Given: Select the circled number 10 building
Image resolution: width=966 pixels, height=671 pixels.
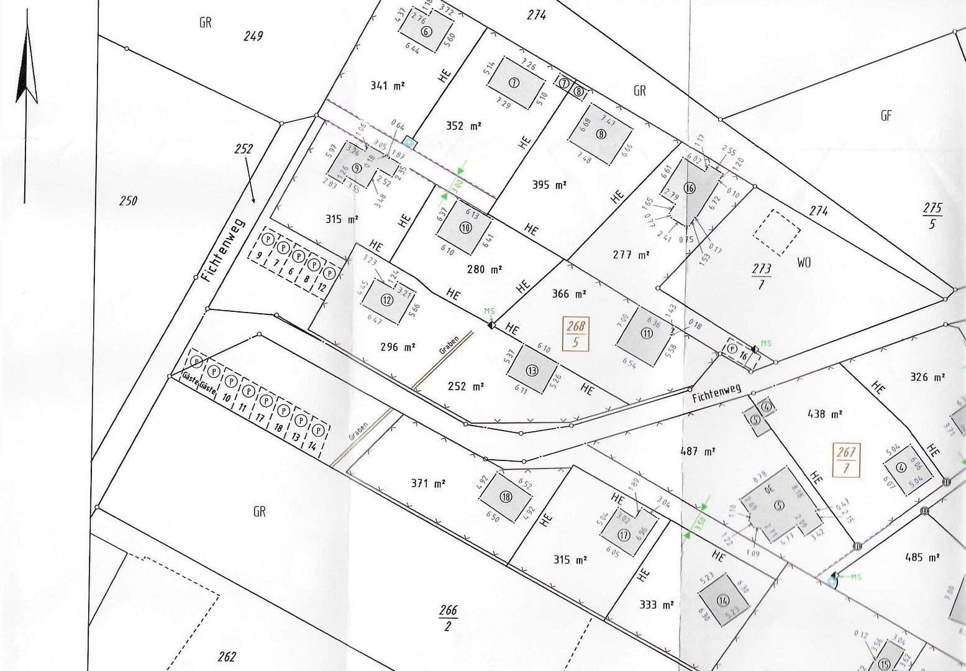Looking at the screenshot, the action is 466,227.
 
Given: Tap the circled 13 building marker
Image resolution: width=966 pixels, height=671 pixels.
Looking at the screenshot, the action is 532,370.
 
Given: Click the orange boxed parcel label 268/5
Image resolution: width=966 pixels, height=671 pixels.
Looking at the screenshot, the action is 575,334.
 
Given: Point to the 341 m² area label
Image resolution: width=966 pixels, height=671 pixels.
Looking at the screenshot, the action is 388,85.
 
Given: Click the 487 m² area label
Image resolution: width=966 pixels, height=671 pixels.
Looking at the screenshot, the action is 698,452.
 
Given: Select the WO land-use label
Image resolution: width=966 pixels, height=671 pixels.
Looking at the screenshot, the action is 804,262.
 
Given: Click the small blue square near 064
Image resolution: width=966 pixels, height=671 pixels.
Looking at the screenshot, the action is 410,141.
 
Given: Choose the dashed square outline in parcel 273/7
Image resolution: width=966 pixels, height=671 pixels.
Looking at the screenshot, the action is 777,232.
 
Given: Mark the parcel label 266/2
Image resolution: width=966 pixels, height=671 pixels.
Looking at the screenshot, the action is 448,618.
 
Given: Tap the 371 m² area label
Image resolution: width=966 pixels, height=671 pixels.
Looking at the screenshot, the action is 428,483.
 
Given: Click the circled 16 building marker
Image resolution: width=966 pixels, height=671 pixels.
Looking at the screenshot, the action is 690,188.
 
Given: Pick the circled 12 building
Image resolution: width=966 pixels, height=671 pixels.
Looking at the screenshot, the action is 387,300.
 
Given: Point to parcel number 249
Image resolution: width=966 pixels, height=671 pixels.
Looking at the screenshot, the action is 253,36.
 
